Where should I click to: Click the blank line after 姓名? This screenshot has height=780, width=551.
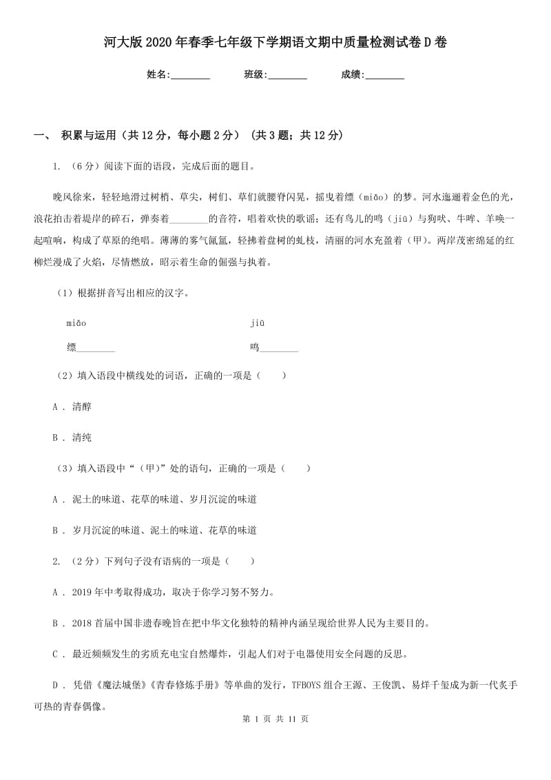point(190,75)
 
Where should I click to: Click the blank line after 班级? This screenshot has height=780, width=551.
point(287,75)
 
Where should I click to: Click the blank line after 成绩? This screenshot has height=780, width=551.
point(384,75)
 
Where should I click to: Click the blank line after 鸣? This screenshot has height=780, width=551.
point(279,348)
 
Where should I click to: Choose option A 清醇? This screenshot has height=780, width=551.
point(81,407)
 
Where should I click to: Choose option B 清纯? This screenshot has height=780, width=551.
point(81,438)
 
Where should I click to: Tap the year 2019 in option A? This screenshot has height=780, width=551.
point(83,593)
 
